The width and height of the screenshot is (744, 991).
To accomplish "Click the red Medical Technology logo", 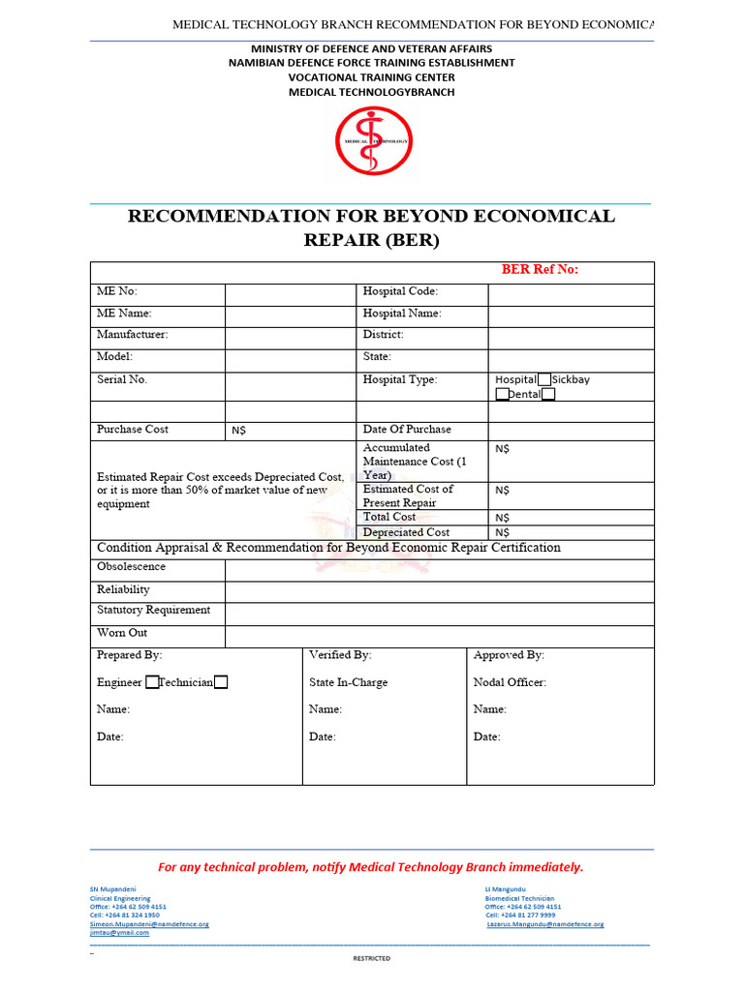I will pyautogui.click(x=373, y=140).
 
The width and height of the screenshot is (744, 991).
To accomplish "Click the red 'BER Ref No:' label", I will pyautogui.click(x=540, y=270).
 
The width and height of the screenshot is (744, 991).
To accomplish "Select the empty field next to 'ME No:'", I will pyautogui.click(x=291, y=292).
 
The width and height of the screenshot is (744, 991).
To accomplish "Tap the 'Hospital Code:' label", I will pyautogui.click(x=400, y=291).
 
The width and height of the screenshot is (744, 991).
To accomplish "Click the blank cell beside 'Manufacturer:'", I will pyautogui.click(x=291, y=337).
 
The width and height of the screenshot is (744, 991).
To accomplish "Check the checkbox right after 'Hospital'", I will pyautogui.click(x=544, y=379).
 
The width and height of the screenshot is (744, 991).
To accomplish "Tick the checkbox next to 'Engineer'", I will pyautogui.click(x=152, y=682).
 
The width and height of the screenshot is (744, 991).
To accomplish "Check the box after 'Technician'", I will pyautogui.click(x=221, y=682).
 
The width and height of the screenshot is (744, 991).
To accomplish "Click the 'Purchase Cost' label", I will pyautogui.click(x=132, y=429).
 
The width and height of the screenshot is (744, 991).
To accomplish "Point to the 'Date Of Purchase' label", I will pyautogui.click(x=407, y=429).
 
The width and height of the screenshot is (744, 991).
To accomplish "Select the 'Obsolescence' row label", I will pyautogui.click(x=131, y=567).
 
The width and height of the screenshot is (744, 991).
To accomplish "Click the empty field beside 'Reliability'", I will pyautogui.click(x=439, y=590).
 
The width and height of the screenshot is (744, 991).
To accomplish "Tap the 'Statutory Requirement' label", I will pyautogui.click(x=153, y=611).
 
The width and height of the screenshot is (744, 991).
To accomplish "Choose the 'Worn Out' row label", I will pyautogui.click(x=122, y=633).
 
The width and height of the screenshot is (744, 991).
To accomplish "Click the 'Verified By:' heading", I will pyautogui.click(x=340, y=655).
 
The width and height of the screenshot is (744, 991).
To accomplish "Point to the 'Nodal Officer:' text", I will pyautogui.click(x=510, y=682).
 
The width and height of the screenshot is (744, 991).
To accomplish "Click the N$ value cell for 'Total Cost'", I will pyautogui.click(x=571, y=518).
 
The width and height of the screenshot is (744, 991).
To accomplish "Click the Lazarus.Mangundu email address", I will pyautogui.click(x=545, y=924).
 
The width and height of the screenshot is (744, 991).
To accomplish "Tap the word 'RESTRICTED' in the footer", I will pyautogui.click(x=372, y=958).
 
